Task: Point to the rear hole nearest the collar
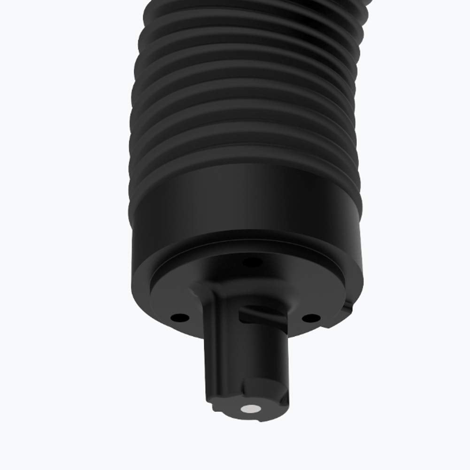[x=254, y=262]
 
